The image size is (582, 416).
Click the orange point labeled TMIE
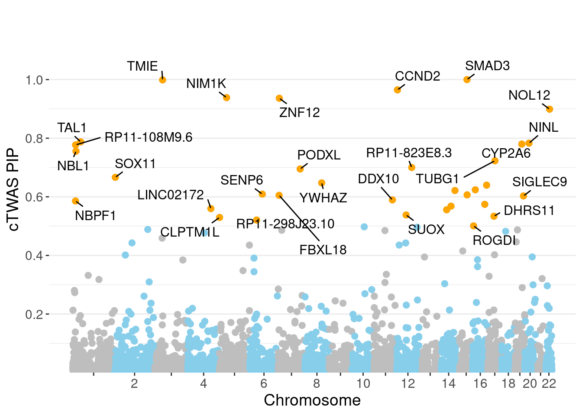[163, 80]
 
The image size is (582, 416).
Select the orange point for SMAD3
[467, 80]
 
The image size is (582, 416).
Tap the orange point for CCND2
[397, 90]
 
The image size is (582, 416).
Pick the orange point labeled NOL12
[550, 109]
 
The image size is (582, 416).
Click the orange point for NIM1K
[226, 97]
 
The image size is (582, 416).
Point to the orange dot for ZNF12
[279, 98]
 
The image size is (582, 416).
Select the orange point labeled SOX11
[115, 177]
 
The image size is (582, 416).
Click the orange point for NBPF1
[75, 201]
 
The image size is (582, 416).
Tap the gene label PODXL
[319, 155]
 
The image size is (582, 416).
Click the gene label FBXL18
[323, 250]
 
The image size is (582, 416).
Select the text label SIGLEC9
[540, 182]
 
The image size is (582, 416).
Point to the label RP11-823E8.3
[409, 153]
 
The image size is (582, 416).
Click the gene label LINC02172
[171, 195]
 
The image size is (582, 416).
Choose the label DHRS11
[529, 211]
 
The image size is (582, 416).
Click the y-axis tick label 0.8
[34, 139]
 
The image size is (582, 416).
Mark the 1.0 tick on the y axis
[34, 80]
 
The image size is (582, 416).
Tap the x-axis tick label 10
[363, 383]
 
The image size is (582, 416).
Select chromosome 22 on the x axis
[549, 383]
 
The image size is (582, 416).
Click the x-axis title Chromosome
[312, 400]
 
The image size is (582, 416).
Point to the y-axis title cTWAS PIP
[14, 190]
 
